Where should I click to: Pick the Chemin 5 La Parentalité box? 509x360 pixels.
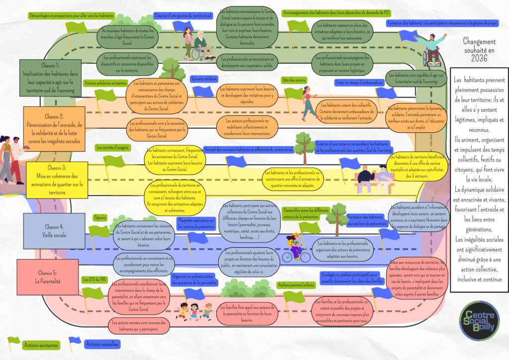point(47,276)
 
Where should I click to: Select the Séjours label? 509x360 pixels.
point(100,217)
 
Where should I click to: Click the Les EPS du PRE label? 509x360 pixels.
point(94,279)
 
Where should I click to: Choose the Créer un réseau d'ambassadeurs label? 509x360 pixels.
point(359,83)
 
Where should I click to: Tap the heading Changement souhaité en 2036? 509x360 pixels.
point(479,50)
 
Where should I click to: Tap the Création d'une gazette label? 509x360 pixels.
point(183,15)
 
